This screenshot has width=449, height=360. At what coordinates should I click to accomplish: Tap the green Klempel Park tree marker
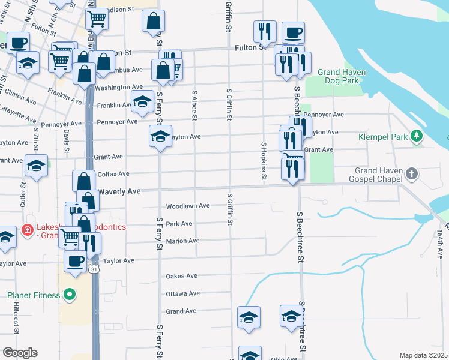pyautogui.click(x=416, y=137)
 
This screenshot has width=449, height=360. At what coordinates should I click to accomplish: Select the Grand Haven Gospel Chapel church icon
pyautogui.click(x=411, y=174)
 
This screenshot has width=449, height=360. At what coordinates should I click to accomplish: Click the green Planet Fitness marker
pyautogui.click(x=70, y=295)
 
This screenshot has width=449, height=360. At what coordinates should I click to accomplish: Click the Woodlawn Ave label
pyautogui.click(x=187, y=206)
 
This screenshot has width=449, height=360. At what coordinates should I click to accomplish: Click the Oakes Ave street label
pyautogui.click(x=181, y=276)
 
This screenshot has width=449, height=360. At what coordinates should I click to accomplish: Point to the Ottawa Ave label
pyautogui.click(x=182, y=293)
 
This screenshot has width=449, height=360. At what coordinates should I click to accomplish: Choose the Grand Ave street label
pyautogui.click(x=181, y=311)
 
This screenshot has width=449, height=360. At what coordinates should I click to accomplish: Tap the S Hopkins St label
pyautogui.click(x=263, y=161)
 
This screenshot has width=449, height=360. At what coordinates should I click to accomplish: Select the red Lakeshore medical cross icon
pyautogui.click(x=27, y=230)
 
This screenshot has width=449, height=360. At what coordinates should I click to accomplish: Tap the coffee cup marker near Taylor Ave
pyautogui.click(x=75, y=262)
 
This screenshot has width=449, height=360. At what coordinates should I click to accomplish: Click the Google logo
pyautogui.click(x=20, y=353)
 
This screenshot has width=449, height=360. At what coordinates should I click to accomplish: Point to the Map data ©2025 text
pyautogui.click(x=423, y=355)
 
